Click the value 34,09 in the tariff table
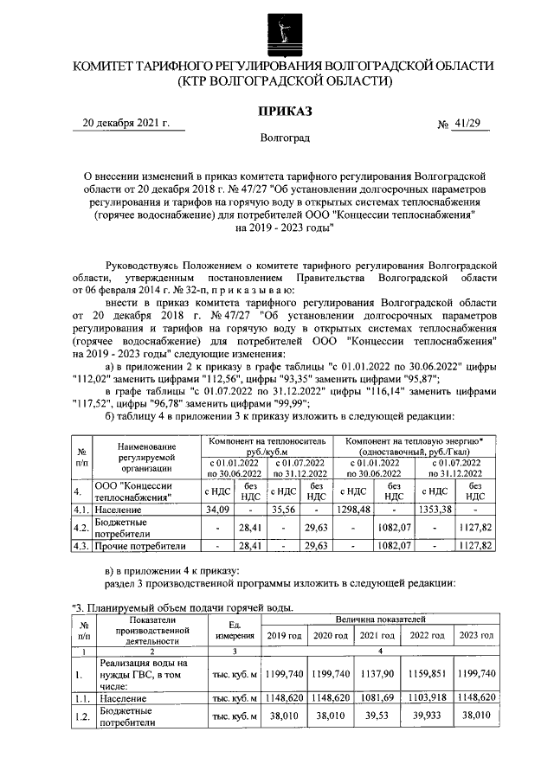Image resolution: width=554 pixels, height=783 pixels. [x=216, y=510]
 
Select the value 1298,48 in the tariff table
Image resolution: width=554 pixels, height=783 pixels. [x=354, y=510]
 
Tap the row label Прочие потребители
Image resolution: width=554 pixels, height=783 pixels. [x=140, y=546]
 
